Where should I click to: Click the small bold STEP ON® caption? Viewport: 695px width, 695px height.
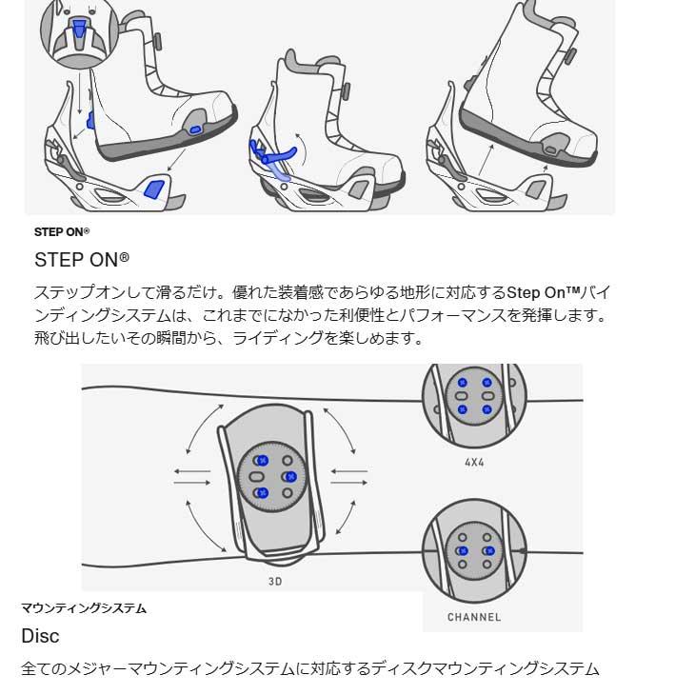point(62,231)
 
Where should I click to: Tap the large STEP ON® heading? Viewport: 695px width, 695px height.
point(82,259)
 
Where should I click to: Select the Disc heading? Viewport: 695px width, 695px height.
point(40,636)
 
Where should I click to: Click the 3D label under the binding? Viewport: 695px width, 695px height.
point(276,580)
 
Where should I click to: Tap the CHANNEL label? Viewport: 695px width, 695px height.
point(473,617)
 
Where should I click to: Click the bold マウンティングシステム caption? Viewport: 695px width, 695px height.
point(84,608)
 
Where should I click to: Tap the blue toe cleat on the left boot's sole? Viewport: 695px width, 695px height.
point(194,128)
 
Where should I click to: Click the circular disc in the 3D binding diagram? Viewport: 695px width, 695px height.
point(273,475)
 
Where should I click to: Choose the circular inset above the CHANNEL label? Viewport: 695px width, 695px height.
point(473,550)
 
